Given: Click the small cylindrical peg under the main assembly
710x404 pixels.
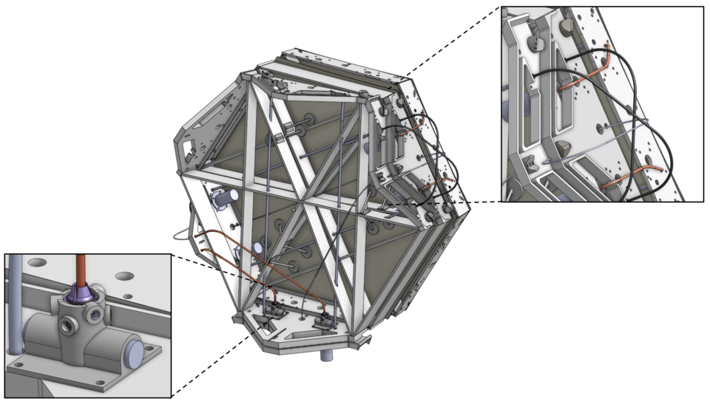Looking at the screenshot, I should coord(325,356).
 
